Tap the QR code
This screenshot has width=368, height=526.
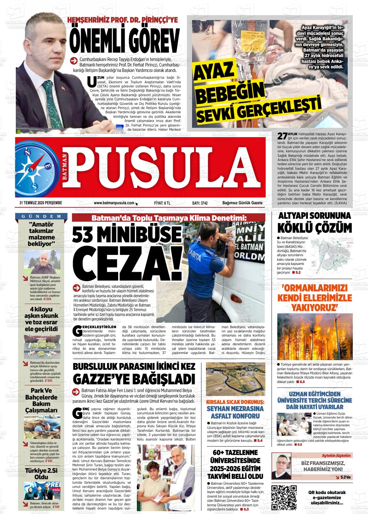pos(284,497)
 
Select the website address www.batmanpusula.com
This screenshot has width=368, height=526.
pos(114,203)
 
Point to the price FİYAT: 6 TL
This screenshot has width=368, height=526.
pos(162,203)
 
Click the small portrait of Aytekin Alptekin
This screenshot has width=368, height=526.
pos(281,466)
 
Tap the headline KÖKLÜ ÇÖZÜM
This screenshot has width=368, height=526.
pos(314,228)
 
